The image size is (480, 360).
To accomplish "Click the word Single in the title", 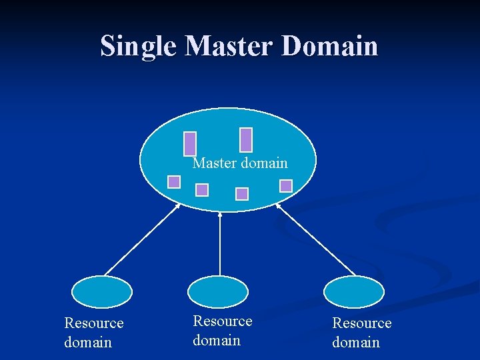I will click(139, 47).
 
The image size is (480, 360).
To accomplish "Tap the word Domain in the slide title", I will click(330, 47).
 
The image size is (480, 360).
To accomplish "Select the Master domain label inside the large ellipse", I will click(240, 163).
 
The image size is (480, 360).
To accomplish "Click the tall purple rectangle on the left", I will click(190, 143).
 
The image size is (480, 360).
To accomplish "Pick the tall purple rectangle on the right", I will click(246, 139).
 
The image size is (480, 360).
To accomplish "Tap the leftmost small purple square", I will click(174, 182).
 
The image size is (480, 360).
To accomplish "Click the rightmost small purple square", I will click(286, 185).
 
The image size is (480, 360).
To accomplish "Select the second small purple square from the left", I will click(202, 190).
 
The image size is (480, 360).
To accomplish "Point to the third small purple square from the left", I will click(242, 193).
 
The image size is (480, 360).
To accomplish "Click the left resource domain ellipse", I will click(102, 292).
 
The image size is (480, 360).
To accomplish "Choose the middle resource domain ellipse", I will click(218, 292).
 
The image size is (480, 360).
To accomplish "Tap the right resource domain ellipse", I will click(354, 292).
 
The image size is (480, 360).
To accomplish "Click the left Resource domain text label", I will click(93, 333).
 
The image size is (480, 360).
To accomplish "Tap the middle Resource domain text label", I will click(222, 331).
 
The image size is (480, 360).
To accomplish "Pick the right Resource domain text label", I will click(361, 333).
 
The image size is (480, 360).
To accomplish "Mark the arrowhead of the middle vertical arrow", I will click(220, 215).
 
